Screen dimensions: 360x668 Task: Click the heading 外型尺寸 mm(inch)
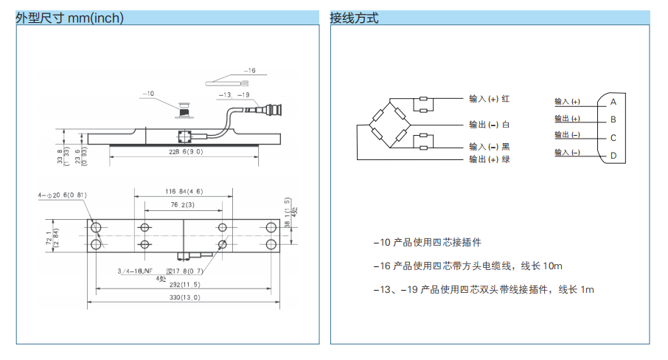pyautogui.click(x=69, y=18)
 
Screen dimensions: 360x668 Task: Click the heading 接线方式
pyautogui.click(x=354, y=18)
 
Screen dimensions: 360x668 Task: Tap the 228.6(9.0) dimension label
pyautogui.click(x=184, y=152)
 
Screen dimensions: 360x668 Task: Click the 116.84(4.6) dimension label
pyautogui.click(x=184, y=191)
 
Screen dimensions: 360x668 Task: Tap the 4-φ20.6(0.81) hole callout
pyautogui.click(x=63, y=195)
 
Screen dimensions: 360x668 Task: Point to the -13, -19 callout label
pyautogui.click(x=235, y=95)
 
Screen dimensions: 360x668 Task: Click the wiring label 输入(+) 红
pyautogui.click(x=490, y=98)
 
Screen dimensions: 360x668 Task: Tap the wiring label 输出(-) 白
pyautogui.click(x=490, y=124)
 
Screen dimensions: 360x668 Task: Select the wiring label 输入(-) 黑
pyautogui.click(x=490, y=146)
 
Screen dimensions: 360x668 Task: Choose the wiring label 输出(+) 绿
pyautogui.click(x=490, y=159)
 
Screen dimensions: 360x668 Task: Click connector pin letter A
pyautogui.click(x=613, y=101)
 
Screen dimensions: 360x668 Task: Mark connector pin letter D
pyautogui.click(x=613, y=156)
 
